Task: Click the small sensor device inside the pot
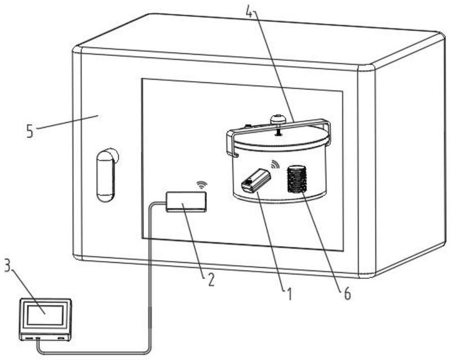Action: coord(255,181)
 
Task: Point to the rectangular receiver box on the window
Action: coord(186,201)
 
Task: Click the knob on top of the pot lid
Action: coord(277,120)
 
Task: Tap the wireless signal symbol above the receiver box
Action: coord(201,185)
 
